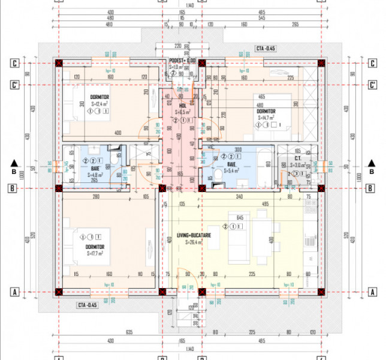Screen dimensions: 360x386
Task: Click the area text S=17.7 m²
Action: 95,253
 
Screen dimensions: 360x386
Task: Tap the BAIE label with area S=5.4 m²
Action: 231,164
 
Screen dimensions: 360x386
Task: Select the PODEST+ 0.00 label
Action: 182,61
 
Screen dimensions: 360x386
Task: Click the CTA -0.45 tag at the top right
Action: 266,48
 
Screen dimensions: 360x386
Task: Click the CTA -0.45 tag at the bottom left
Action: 88,305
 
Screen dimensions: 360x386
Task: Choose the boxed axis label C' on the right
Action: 372,85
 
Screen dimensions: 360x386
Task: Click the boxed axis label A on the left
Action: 13,292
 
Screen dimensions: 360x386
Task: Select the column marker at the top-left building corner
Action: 59,63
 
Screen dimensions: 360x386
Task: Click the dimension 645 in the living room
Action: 239,217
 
